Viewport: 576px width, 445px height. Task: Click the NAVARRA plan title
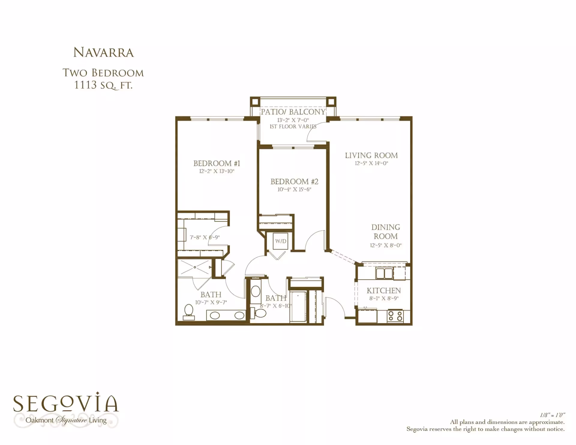click(x=103, y=53)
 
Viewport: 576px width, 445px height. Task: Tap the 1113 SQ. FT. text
click(x=103, y=85)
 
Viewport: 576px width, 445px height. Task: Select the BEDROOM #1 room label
click(x=217, y=163)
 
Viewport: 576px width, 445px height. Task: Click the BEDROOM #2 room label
click(x=294, y=182)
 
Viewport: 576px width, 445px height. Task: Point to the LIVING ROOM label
click(x=371, y=155)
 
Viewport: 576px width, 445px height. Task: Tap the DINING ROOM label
click(x=386, y=232)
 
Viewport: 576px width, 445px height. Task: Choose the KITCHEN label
click(x=384, y=290)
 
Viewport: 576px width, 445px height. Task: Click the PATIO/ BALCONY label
click(x=293, y=112)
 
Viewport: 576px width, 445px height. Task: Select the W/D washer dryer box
click(x=281, y=241)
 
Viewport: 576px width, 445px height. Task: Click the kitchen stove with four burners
click(x=395, y=316)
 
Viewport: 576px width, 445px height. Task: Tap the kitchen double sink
click(x=384, y=273)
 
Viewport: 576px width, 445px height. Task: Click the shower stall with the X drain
click(x=195, y=267)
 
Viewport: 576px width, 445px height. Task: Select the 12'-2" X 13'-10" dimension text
click(x=217, y=171)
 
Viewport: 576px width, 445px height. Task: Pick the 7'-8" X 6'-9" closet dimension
click(x=205, y=237)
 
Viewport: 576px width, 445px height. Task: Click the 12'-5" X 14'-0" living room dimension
click(x=371, y=164)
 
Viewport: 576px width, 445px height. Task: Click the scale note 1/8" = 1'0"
click(x=553, y=415)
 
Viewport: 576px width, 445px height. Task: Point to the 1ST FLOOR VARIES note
click(x=293, y=127)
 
